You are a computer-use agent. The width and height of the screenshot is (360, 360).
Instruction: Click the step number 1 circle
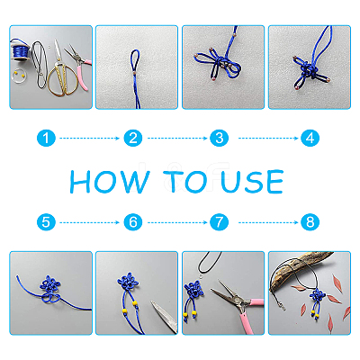pos(46,139)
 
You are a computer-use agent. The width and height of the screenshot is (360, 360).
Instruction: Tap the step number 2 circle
pos(133,139)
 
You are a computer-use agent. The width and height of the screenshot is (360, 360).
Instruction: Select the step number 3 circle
pos(220,139)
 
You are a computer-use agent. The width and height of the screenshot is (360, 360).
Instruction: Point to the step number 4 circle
pos(310,139)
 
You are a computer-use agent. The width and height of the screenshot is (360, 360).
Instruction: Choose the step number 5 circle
pos(46,222)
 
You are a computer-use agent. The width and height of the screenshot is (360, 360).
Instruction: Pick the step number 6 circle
pos(133,222)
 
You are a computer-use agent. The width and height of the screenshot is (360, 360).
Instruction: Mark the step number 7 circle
pos(220,222)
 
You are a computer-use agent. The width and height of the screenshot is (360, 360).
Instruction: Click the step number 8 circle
pos(310,222)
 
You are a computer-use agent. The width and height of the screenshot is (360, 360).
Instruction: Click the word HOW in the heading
pos(110,182)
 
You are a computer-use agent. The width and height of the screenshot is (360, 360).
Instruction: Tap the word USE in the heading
pos(252,182)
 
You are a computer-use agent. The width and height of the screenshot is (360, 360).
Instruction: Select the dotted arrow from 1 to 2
pos(89,139)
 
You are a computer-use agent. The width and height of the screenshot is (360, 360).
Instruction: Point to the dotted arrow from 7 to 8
pos(268,222)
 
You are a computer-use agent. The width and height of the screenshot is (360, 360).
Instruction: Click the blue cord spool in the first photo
pos(21,50)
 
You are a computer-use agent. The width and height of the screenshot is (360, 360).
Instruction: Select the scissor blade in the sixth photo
pos(165,317)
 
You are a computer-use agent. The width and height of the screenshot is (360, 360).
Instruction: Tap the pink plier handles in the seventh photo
pos(252,312)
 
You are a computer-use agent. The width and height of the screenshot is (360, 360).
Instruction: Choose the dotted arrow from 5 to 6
pos(89,222)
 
